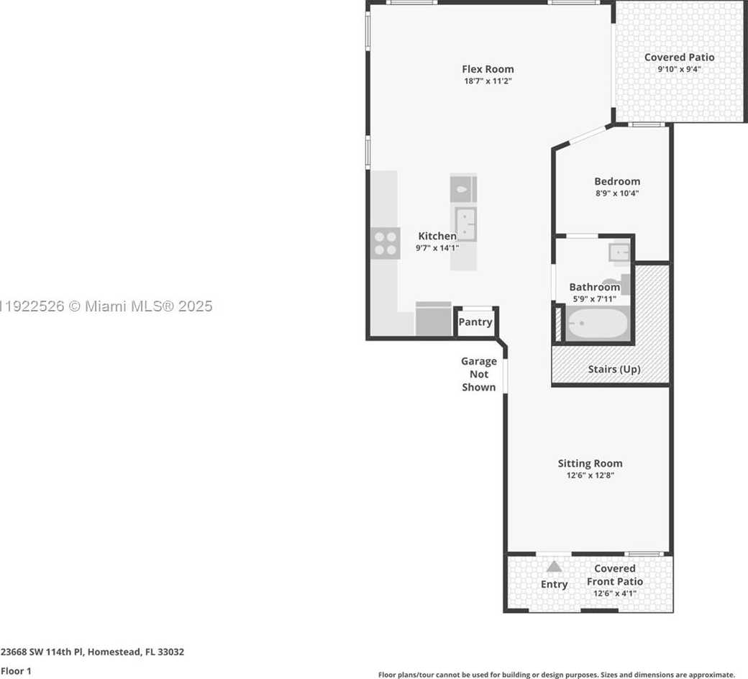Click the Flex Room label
coord(488,69)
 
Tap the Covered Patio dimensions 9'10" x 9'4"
coord(679,70)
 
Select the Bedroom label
coord(616,181)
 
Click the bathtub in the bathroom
coord(596,324)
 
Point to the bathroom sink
coord(619,252)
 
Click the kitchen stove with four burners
coord(386,242)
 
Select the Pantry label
coord(475,322)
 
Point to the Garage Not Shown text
coord(478,374)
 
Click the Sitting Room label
coord(590,463)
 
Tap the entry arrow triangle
coord(554,567)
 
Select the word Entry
coord(554,584)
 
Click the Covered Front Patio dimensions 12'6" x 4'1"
coord(614,593)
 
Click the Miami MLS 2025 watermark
coord(108,306)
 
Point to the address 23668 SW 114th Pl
coord(92,652)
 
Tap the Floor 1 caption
coord(16,671)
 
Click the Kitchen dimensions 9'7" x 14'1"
coord(437,247)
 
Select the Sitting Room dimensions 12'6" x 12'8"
coord(590,475)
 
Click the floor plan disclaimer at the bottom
coord(556,675)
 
